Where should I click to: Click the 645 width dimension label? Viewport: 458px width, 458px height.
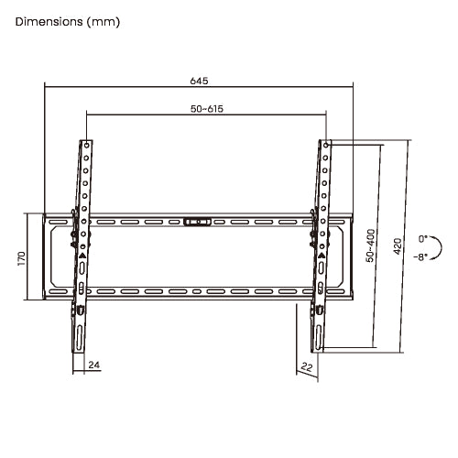coord(199,81)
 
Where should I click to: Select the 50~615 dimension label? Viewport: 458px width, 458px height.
coord(207,109)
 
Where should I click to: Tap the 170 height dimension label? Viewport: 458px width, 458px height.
coord(22,258)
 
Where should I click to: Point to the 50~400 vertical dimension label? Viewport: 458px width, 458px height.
coord(371,245)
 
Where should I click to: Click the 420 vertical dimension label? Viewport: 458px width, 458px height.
coord(398,246)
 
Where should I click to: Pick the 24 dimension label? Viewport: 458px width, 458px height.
coord(94,365)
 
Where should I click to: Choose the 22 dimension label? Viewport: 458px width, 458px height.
coord(307,366)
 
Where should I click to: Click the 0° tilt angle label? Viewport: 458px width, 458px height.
coord(423,238)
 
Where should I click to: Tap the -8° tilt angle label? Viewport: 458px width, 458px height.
coord(420,257)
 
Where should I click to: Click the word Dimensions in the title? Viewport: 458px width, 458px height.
coord(49,22)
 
